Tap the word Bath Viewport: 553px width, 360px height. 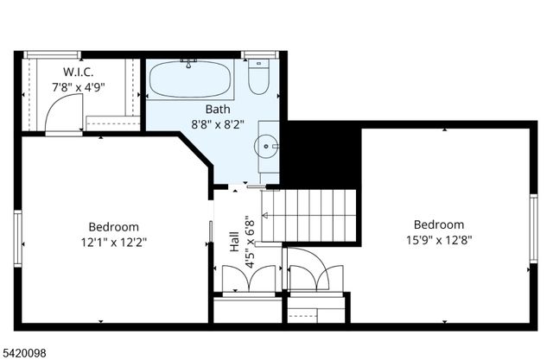coord(217,110)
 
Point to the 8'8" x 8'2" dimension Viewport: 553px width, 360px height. coord(218,124)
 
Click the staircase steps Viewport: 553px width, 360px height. coord(309,217)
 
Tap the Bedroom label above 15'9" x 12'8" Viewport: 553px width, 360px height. coord(438,225)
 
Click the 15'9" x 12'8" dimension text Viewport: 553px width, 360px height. coord(439,240)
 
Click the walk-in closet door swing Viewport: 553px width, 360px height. coord(64,112)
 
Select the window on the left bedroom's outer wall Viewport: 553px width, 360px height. coord(17,238)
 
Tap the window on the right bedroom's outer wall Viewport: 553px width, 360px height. coord(533,227)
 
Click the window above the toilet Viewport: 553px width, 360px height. coord(257,55)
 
